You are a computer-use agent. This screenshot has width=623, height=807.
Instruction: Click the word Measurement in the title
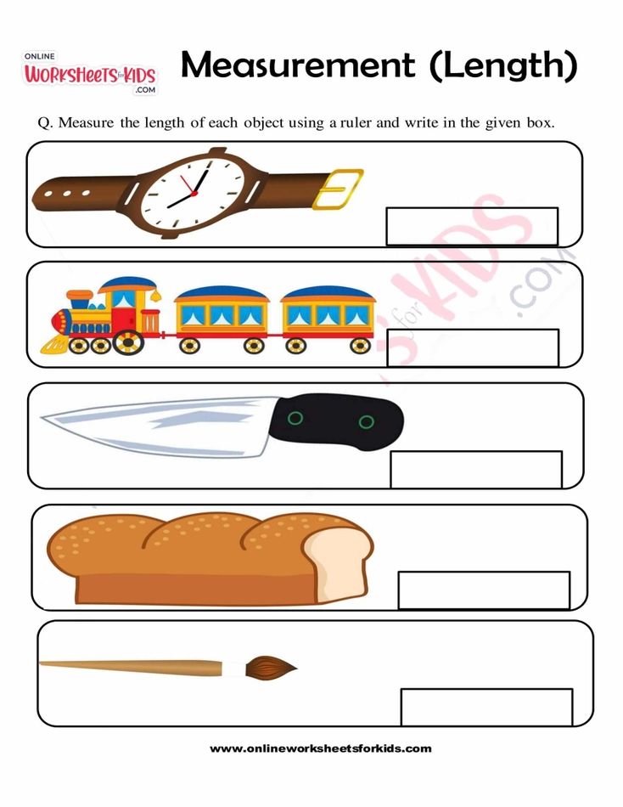point(298,65)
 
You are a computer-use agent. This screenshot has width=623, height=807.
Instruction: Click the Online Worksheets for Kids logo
point(89,73)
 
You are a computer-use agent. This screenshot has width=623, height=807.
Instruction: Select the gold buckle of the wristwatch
point(337,188)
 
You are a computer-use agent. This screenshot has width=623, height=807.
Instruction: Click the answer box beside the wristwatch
point(472,226)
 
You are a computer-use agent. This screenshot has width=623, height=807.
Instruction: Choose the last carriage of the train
point(328,319)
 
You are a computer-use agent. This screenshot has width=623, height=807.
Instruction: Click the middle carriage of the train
point(222,319)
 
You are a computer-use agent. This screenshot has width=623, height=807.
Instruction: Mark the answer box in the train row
point(473,347)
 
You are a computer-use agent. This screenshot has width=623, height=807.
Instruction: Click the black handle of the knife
point(343,420)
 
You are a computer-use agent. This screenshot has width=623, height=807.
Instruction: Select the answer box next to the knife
point(476,469)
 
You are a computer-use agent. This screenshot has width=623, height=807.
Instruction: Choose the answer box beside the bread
point(484,590)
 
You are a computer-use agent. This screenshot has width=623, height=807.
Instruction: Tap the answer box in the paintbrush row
point(486,707)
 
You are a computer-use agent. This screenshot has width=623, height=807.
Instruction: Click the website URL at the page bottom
point(321,748)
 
